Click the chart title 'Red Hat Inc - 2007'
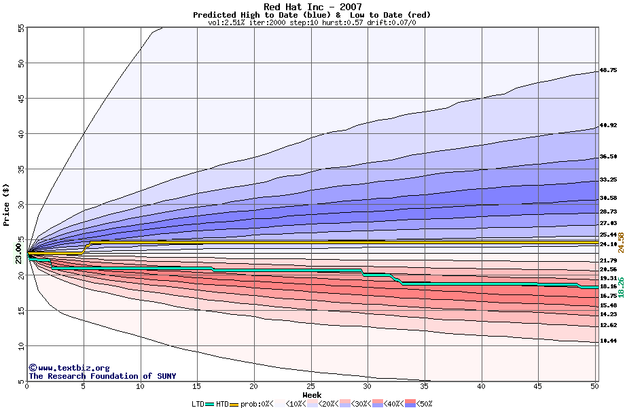click(312, 7)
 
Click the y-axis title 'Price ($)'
click(7, 204)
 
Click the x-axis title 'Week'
click(312, 394)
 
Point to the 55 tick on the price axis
click(20, 28)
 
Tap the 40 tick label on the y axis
click(20, 134)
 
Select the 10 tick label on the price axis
click(20, 346)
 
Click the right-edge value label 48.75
click(607, 71)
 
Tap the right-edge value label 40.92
click(607, 126)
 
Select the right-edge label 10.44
click(607, 341)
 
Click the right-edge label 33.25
click(607, 180)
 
